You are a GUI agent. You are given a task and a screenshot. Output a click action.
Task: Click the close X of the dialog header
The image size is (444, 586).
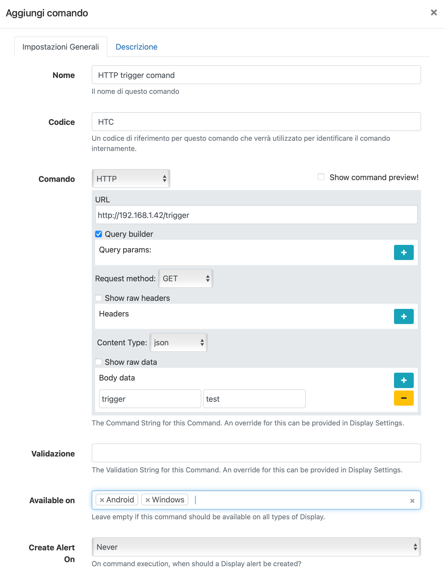point(434,12)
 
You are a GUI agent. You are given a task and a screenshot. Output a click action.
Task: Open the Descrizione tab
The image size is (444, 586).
point(136,47)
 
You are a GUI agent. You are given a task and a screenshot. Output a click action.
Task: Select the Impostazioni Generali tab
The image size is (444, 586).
point(61,47)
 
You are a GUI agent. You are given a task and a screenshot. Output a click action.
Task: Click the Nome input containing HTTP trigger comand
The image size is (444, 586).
point(256,75)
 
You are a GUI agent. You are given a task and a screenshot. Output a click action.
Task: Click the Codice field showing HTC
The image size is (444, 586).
point(256,122)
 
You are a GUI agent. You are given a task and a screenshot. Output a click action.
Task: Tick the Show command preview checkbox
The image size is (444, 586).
point(321,177)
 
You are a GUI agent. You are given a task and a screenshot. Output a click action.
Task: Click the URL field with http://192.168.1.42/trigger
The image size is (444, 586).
point(256,215)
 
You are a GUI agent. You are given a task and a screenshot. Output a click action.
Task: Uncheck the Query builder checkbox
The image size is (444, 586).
point(99,234)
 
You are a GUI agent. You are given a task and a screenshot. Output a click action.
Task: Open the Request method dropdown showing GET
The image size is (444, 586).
point(186,278)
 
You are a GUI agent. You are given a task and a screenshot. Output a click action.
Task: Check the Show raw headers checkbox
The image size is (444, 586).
point(99,298)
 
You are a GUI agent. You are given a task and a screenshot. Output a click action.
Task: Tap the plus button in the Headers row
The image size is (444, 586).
point(404,316)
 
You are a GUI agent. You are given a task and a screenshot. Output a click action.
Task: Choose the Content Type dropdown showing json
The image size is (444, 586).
point(179,343)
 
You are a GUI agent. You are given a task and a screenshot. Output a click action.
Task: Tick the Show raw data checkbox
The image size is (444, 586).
point(99,362)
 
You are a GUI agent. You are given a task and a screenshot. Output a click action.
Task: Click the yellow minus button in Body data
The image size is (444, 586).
point(404,398)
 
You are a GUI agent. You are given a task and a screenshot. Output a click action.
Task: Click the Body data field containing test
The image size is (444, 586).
point(254,399)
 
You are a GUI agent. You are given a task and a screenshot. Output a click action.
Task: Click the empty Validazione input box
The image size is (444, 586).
point(256,453)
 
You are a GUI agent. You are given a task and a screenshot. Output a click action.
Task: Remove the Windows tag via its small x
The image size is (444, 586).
point(148,500)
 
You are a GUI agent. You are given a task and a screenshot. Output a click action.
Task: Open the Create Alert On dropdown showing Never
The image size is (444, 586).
point(256,547)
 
